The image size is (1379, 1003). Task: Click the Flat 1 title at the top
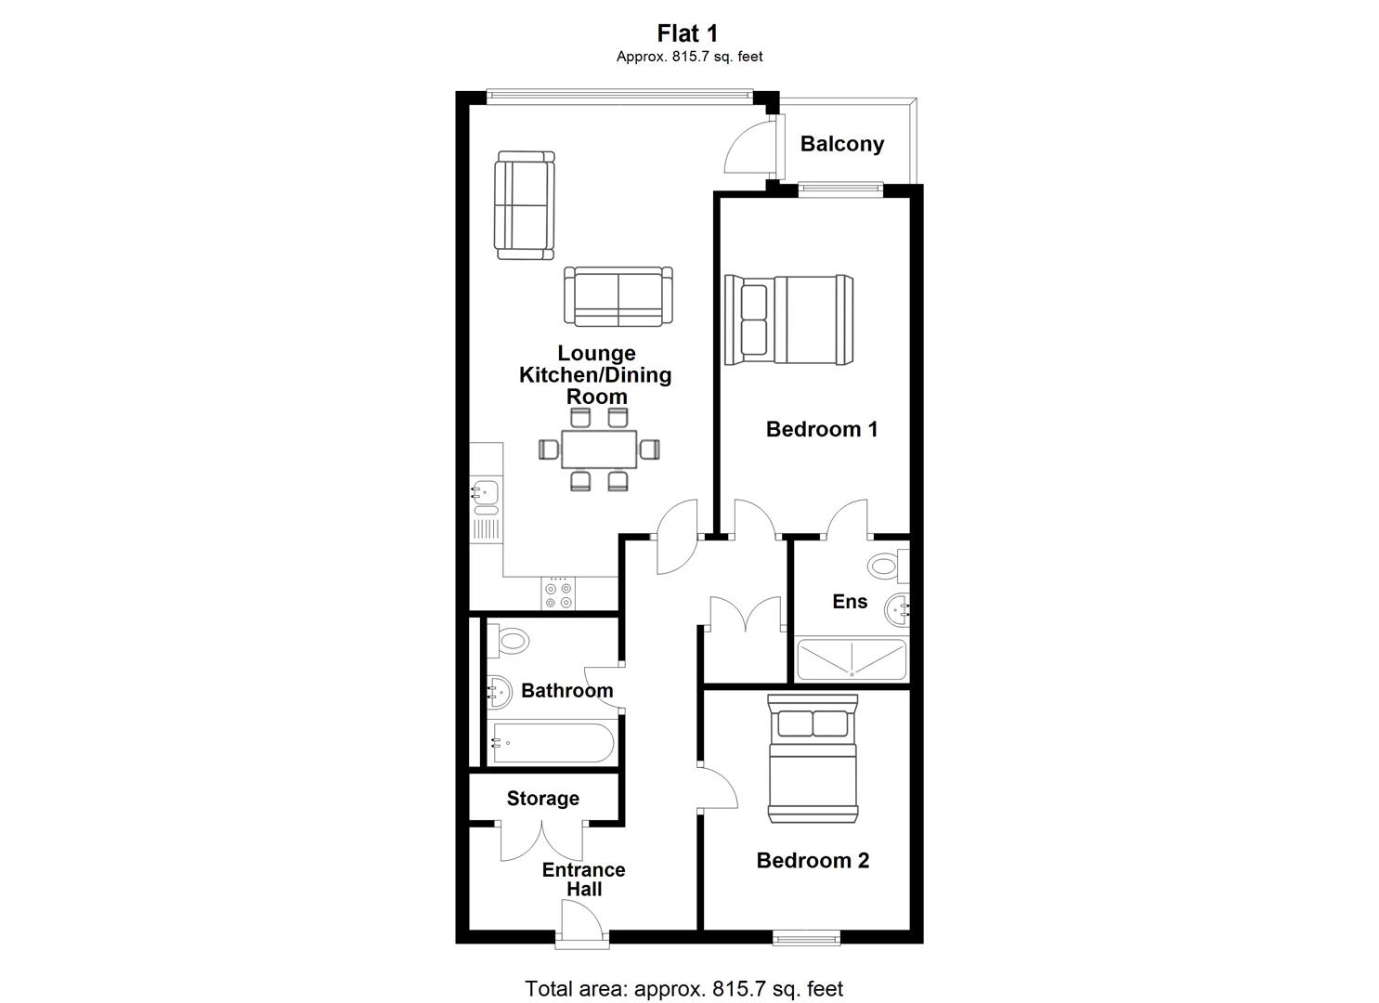click(x=688, y=33)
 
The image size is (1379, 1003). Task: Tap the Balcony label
click(x=841, y=144)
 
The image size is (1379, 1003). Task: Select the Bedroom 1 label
click(x=821, y=429)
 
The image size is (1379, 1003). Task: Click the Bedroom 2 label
click(x=813, y=860)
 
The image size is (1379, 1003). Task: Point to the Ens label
click(x=850, y=602)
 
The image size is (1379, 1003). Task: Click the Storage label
click(x=542, y=799)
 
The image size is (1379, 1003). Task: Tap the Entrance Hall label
click(x=583, y=879)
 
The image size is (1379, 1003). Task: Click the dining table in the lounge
click(x=599, y=449)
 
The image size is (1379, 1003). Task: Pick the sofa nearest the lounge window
click(x=524, y=205)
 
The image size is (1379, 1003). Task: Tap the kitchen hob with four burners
click(x=558, y=594)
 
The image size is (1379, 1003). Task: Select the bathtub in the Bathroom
click(x=552, y=743)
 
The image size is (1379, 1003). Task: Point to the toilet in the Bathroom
click(x=509, y=639)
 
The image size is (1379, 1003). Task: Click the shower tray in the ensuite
click(x=850, y=660)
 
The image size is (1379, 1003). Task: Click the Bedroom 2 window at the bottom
click(x=802, y=938)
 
